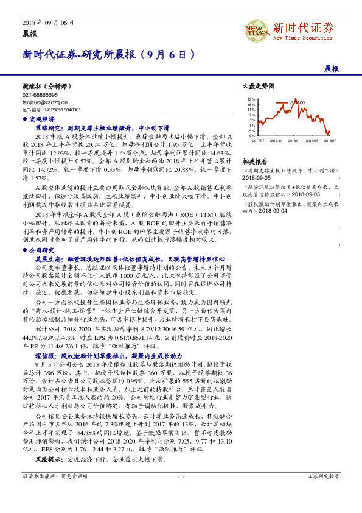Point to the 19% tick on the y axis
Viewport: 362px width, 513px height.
tap(251, 99)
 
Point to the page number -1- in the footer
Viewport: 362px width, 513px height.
tap(181, 494)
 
